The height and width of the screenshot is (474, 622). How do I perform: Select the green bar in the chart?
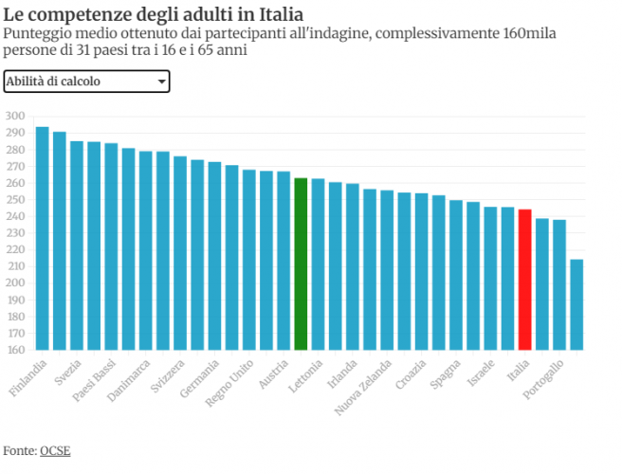(x=301, y=264)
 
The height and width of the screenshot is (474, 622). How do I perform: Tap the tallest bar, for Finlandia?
(x=42, y=238)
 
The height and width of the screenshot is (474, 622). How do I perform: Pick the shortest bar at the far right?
(x=576, y=304)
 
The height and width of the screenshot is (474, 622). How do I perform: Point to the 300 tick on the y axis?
(x=16, y=117)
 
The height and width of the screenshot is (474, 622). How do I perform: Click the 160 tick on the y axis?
(x=16, y=350)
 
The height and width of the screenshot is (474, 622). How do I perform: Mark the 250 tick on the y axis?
(x=16, y=200)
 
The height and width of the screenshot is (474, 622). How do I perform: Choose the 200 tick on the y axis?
(x=16, y=283)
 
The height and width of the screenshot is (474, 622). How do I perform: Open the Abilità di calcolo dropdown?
(x=86, y=82)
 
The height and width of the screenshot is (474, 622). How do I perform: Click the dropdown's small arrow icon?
(x=161, y=82)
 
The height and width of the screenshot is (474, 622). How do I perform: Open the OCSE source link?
(x=55, y=450)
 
